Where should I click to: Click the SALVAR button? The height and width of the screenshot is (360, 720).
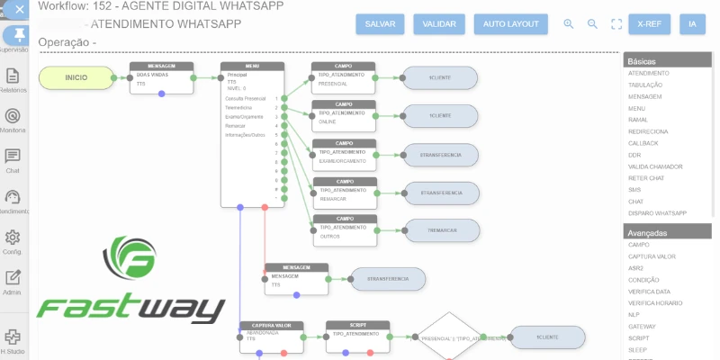[380, 24]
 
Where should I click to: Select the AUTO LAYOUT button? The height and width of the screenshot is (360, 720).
[510, 24]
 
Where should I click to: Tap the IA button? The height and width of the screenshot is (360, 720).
[692, 24]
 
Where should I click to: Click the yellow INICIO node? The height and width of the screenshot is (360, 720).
[76, 78]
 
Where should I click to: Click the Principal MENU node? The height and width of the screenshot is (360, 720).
[253, 135]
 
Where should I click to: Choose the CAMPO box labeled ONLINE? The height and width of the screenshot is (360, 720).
[343, 116]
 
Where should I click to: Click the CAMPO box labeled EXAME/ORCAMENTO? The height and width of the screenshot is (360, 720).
[343, 156]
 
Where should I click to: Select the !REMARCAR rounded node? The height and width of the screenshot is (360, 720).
[441, 230]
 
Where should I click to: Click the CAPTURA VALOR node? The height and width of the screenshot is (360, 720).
[272, 337]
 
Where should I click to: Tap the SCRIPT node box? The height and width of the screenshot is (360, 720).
[357, 337]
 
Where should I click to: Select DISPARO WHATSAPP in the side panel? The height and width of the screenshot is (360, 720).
[657, 213]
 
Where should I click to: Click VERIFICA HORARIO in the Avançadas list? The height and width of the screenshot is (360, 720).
[655, 303]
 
